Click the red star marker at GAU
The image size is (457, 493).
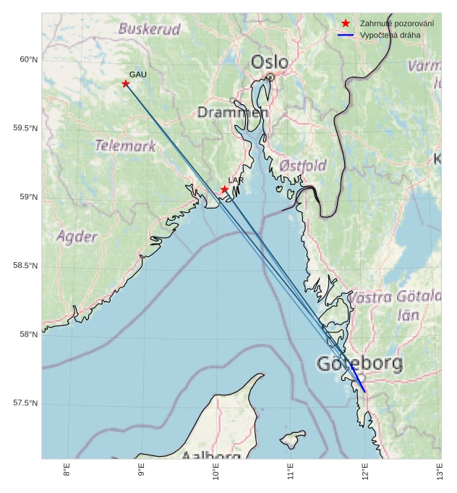[x=126, y=84]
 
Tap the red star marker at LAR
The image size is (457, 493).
[x=225, y=190]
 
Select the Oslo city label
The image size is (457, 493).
[x=269, y=62]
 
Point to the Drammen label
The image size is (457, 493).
[x=233, y=113]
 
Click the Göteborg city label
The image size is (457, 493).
[x=359, y=364]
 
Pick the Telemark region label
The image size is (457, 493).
[x=125, y=146]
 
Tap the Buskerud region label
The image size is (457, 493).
[x=149, y=29]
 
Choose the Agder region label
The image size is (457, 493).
[x=77, y=237]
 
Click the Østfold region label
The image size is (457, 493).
[x=303, y=165]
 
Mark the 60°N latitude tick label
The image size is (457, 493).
[x=27, y=59]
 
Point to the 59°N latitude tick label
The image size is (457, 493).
[x=27, y=197]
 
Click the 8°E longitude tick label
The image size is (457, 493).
[x=67, y=472]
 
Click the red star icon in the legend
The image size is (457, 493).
[x=346, y=24]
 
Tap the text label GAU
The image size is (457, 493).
[x=138, y=75]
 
